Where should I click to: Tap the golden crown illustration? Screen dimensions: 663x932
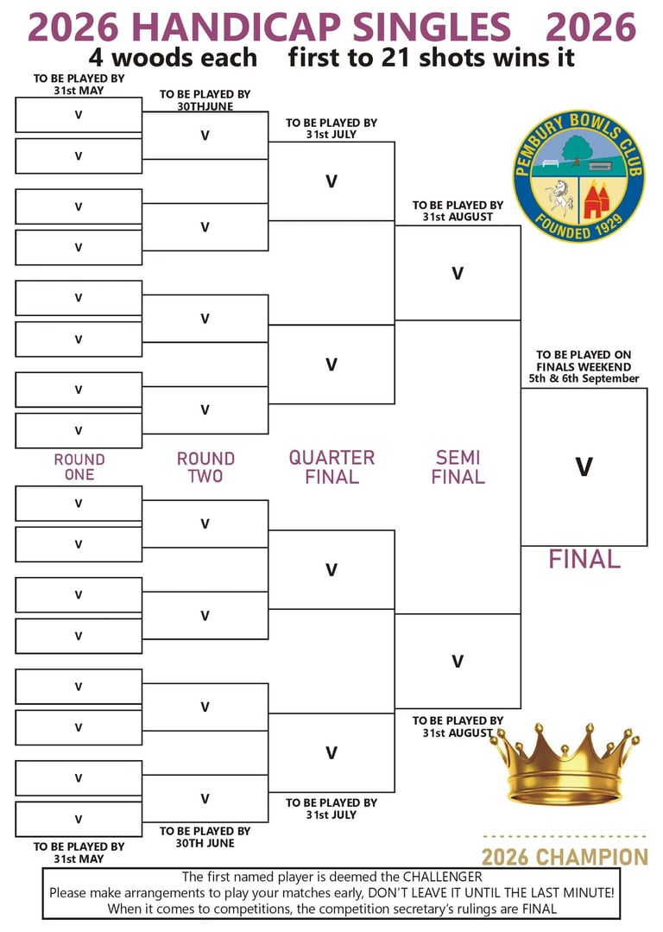click(565, 764)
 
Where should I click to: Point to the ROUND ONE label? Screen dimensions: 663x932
click(79, 467)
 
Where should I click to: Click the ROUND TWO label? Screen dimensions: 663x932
click(205, 467)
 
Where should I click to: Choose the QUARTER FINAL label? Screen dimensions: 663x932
click(331, 467)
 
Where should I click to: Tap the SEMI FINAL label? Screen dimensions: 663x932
click(458, 467)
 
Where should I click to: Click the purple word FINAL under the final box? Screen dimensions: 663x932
click(584, 560)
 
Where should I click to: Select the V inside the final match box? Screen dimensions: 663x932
click(584, 467)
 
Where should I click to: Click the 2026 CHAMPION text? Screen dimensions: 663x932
click(565, 858)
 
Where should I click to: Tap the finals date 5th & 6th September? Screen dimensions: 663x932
click(584, 378)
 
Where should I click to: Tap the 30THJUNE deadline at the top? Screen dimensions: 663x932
click(205, 106)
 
